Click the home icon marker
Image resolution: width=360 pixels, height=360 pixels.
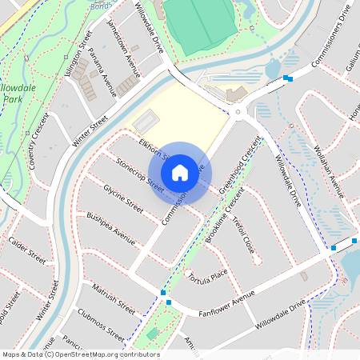tap(180, 172)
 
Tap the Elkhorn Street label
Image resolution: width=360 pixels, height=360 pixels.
tap(152, 149)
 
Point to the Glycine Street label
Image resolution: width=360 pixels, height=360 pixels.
tap(123, 198)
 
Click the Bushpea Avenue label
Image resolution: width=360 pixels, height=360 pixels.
tap(111, 226)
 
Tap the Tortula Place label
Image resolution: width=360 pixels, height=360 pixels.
tap(207, 277)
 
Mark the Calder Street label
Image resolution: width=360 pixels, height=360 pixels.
tap(26, 250)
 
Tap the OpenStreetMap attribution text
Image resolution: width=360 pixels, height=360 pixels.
tap(81, 354)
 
